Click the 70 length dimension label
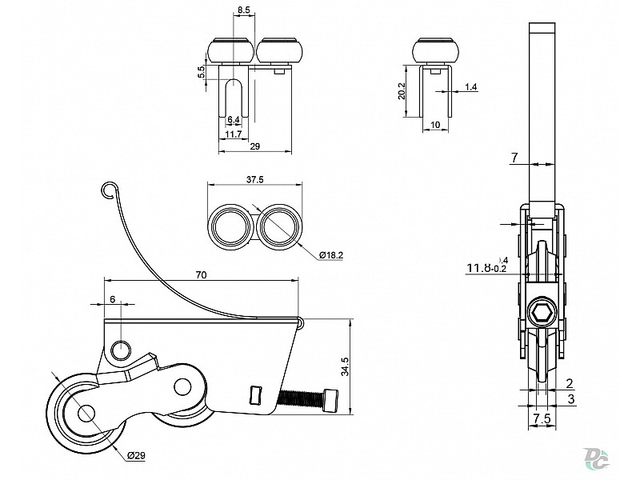201,274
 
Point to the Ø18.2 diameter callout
332,254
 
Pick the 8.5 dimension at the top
245,10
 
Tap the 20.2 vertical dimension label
402,90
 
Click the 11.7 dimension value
233,134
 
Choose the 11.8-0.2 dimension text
486,268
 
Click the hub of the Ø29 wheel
85,413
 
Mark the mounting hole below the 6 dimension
121,349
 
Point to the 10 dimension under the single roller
434,125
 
